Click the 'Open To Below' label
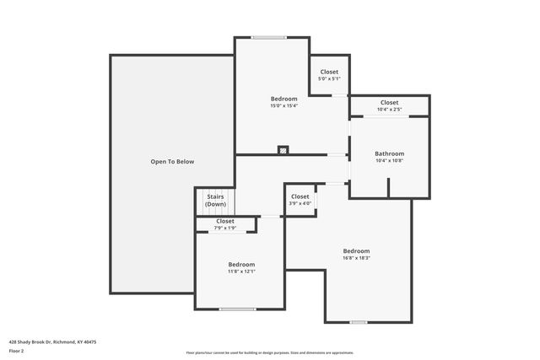(x=172, y=161)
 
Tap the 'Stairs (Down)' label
(x=215, y=201)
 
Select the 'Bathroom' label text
(x=389, y=153)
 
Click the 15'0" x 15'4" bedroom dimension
(x=283, y=105)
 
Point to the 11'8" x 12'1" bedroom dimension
(x=241, y=271)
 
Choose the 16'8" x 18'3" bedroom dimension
(x=356, y=258)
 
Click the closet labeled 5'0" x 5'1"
(x=328, y=78)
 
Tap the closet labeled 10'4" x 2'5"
(x=389, y=109)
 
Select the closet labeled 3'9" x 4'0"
(x=300, y=203)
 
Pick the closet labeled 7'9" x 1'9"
(x=224, y=228)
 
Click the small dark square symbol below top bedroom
(x=283, y=150)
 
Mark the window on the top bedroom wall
(x=268, y=37)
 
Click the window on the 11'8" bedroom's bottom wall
(x=237, y=309)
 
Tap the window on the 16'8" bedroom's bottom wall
(x=359, y=321)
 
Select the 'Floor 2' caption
(x=17, y=351)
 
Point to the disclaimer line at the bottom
(x=270, y=352)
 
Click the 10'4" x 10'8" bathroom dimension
(x=389, y=160)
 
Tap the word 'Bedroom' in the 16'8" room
(x=356, y=251)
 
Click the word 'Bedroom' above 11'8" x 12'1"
(x=241, y=265)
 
